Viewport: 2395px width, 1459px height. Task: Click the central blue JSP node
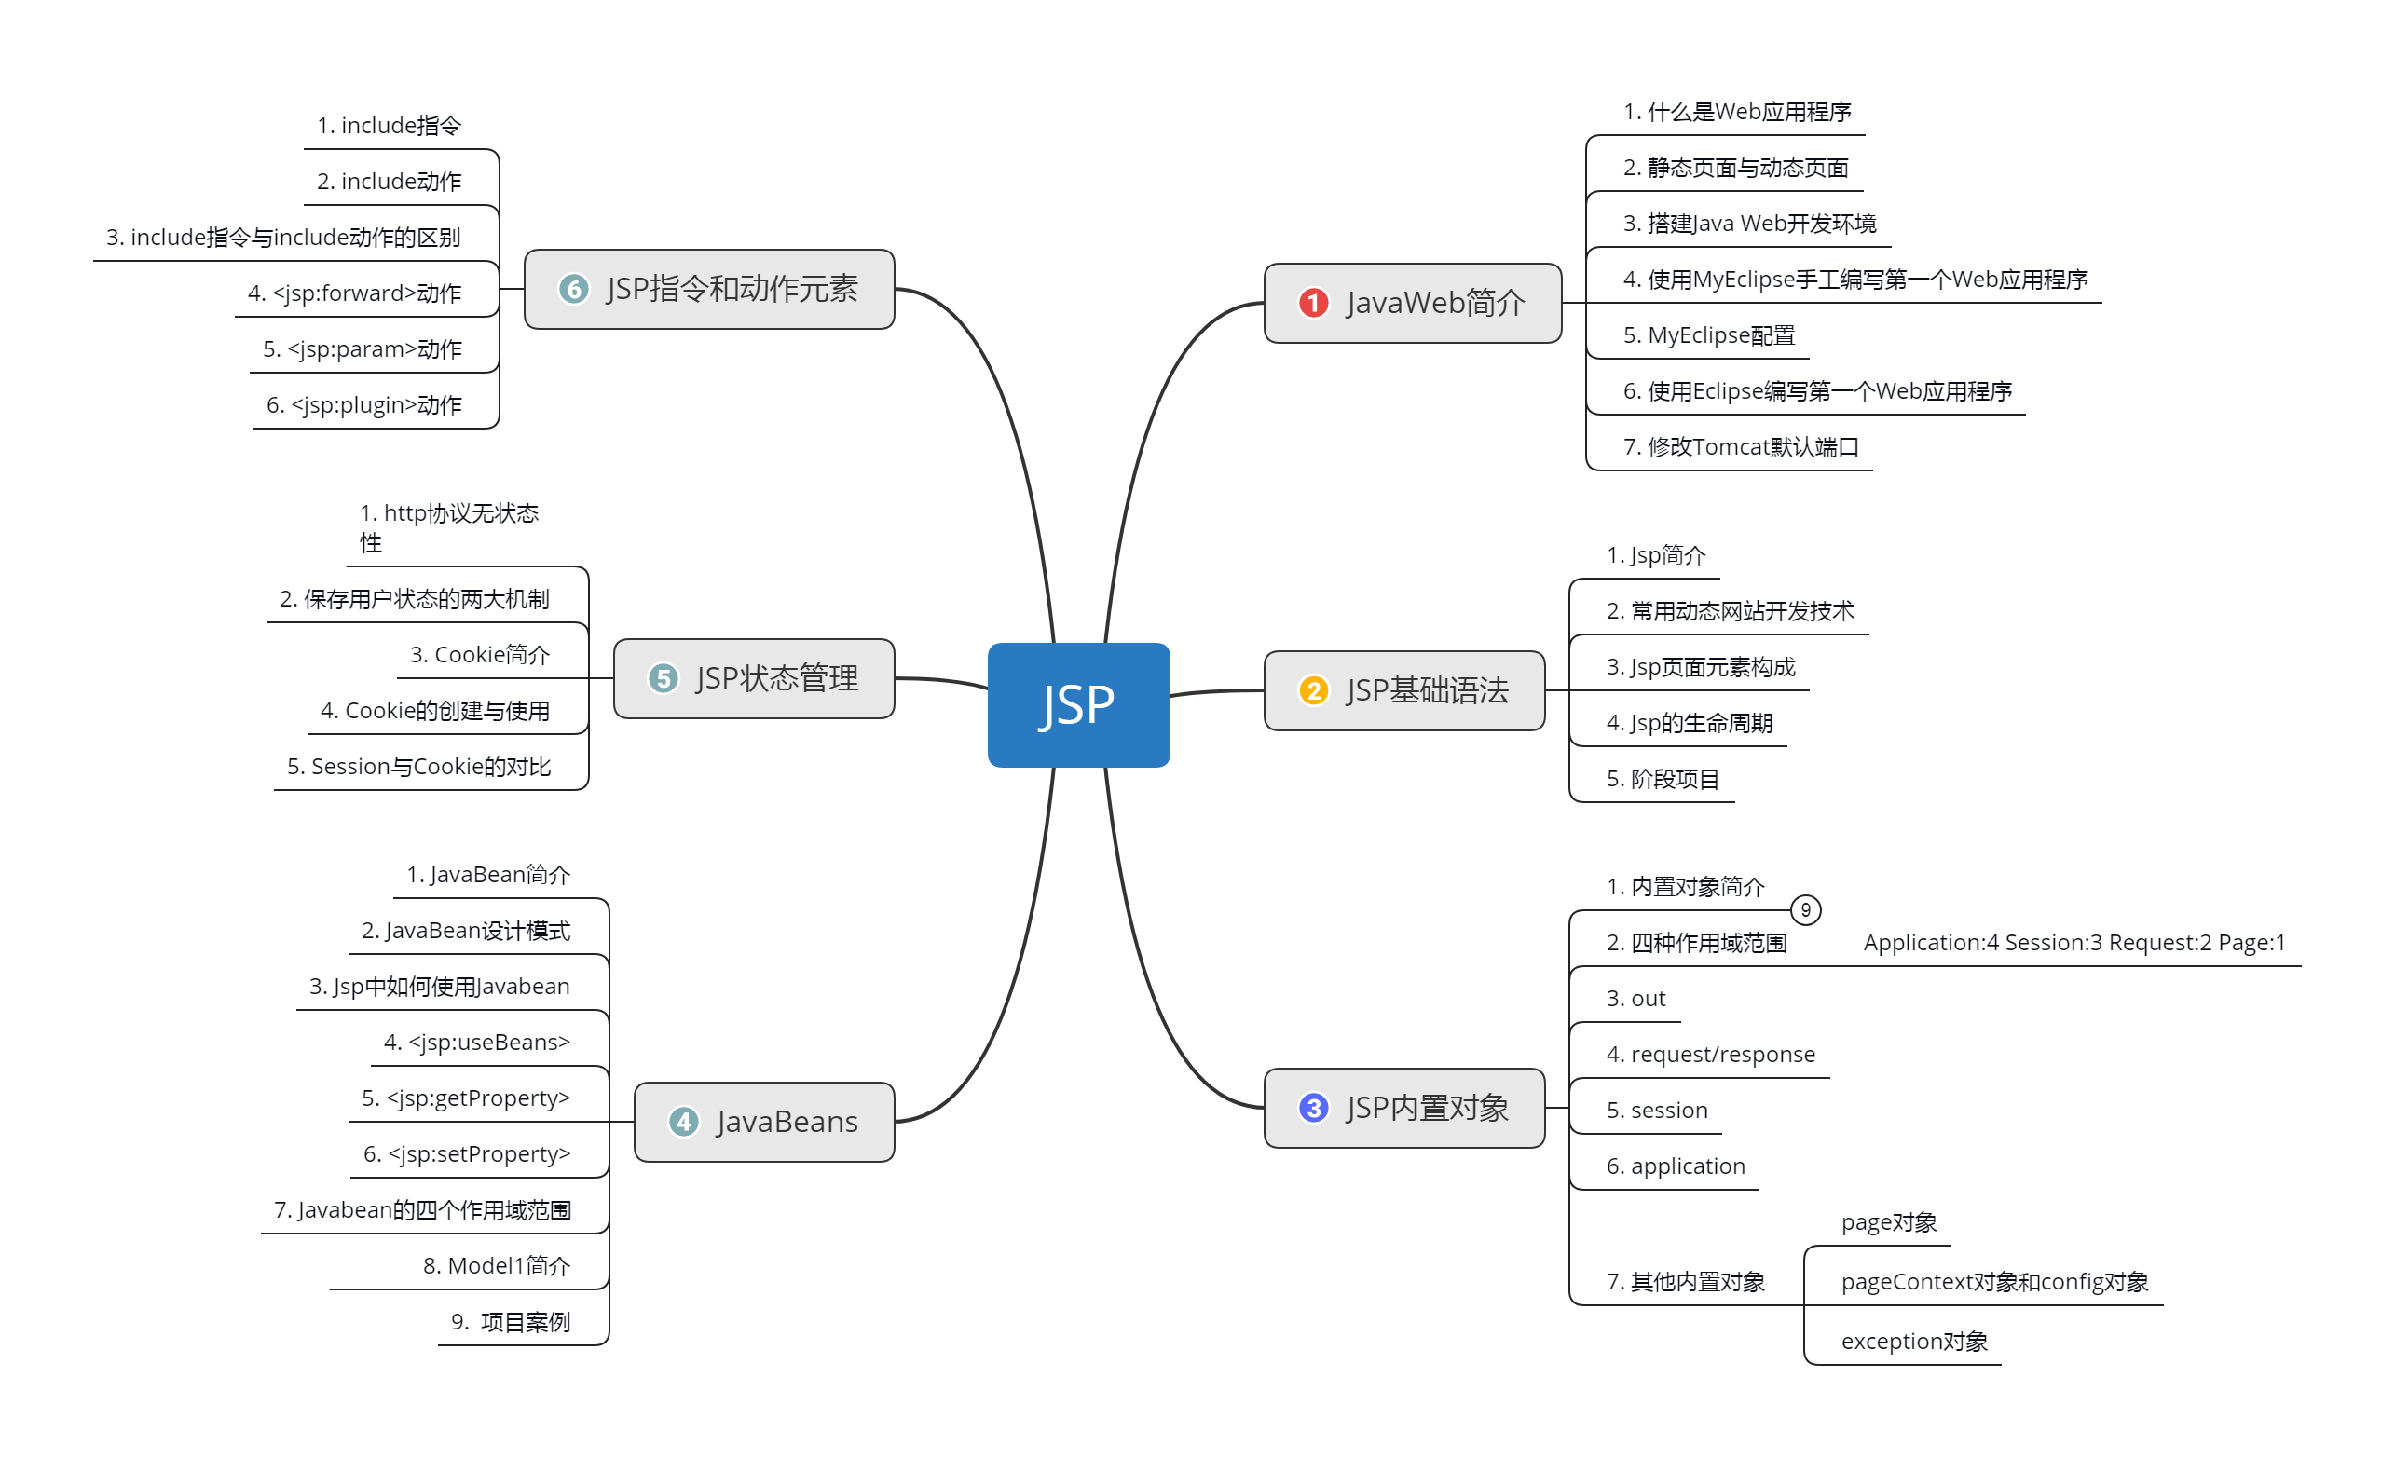point(1078,704)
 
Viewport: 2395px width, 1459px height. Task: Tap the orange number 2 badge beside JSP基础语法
point(1313,690)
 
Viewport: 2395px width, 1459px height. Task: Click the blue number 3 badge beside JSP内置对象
point(1313,1107)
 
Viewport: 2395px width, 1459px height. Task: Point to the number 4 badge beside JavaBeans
point(683,1122)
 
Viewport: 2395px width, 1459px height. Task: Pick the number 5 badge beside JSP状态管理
point(663,677)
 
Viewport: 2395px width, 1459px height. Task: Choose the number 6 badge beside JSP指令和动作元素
point(573,289)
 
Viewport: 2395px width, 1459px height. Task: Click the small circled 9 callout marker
point(1805,910)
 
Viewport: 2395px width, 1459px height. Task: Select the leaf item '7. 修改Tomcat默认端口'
point(1740,447)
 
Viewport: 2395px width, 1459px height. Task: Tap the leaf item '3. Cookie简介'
point(479,655)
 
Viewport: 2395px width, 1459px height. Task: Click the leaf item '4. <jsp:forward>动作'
point(355,293)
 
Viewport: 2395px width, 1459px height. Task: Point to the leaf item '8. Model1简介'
point(496,1265)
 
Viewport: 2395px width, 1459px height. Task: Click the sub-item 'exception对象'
point(1913,1342)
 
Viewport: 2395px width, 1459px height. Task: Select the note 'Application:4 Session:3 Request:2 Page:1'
point(2073,943)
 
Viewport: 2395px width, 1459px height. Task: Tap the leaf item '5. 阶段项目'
point(1663,779)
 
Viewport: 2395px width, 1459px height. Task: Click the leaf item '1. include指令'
point(389,126)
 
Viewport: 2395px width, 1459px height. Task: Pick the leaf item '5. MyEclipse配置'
point(1708,335)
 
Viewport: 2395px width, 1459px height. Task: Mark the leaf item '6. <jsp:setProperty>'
point(467,1153)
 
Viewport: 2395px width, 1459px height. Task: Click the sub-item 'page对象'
point(1888,1221)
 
